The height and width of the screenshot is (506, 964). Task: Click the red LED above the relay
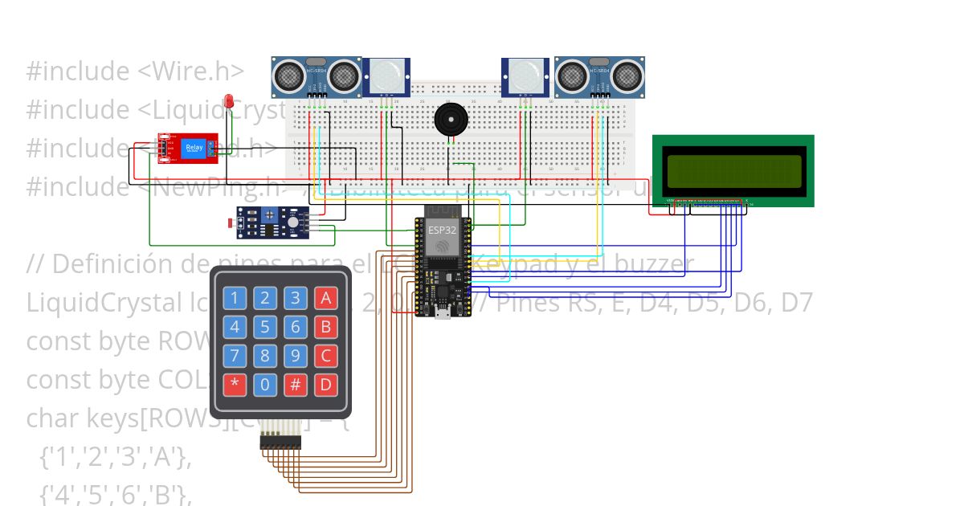229,101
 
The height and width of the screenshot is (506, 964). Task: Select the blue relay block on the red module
194,148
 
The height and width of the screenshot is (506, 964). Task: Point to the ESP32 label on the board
440,229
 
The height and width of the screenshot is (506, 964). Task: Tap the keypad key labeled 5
264,327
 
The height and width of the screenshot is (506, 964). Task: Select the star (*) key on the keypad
234,383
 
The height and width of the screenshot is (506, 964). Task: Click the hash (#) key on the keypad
295,383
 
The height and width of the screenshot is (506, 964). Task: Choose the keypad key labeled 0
264,383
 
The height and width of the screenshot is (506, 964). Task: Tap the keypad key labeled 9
295,355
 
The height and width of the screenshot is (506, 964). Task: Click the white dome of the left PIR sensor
386,76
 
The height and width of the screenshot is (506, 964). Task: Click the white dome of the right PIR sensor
526,76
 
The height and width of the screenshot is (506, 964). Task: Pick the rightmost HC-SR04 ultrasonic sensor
599,76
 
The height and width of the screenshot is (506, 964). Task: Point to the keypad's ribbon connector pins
279,442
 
